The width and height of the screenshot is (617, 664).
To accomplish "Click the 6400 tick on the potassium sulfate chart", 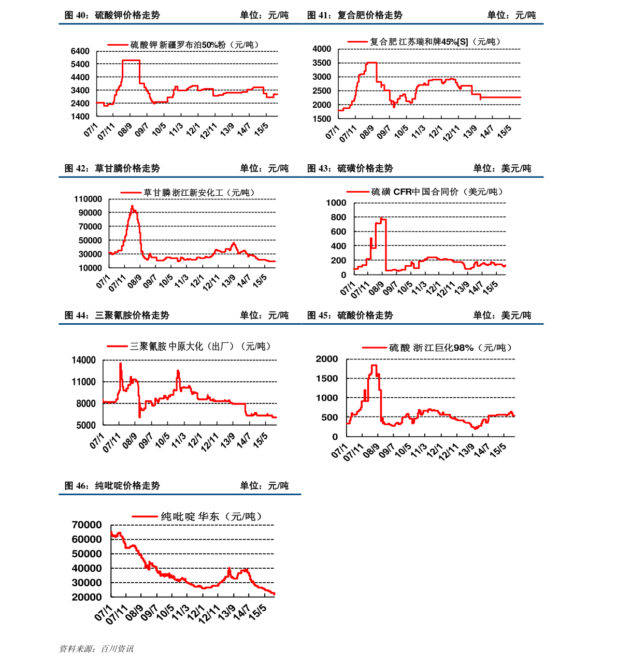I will click(80, 51).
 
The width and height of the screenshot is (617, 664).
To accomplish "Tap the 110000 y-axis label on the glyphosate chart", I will click(88, 199).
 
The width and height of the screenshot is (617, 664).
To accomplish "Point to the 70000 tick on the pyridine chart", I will click(87, 525).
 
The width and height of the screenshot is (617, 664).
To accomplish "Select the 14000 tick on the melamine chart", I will click(83, 360).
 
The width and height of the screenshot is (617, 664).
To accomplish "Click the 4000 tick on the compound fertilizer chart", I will click(322, 49).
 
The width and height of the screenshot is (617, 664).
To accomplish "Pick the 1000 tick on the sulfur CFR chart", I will click(336, 203).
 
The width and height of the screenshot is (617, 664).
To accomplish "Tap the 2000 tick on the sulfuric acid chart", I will click(327, 359).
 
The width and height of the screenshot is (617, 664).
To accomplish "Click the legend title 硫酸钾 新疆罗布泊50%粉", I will click(194, 45).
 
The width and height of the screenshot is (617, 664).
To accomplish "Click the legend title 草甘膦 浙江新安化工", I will click(199, 193).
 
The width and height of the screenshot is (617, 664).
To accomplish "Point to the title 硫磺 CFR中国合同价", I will click(437, 192).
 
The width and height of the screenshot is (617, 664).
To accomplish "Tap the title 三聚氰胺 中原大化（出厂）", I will click(200, 346).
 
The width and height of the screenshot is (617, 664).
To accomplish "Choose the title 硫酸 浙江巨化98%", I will click(450, 348).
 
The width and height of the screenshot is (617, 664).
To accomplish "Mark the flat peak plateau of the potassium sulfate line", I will click(131, 61).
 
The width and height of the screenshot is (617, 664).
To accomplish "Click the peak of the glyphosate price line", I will click(132, 206).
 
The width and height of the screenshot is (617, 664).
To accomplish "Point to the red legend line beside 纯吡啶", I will click(145, 516).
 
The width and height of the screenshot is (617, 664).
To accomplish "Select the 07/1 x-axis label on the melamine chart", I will click(97, 441).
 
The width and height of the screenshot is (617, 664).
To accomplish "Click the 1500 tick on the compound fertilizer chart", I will click(322, 119).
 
